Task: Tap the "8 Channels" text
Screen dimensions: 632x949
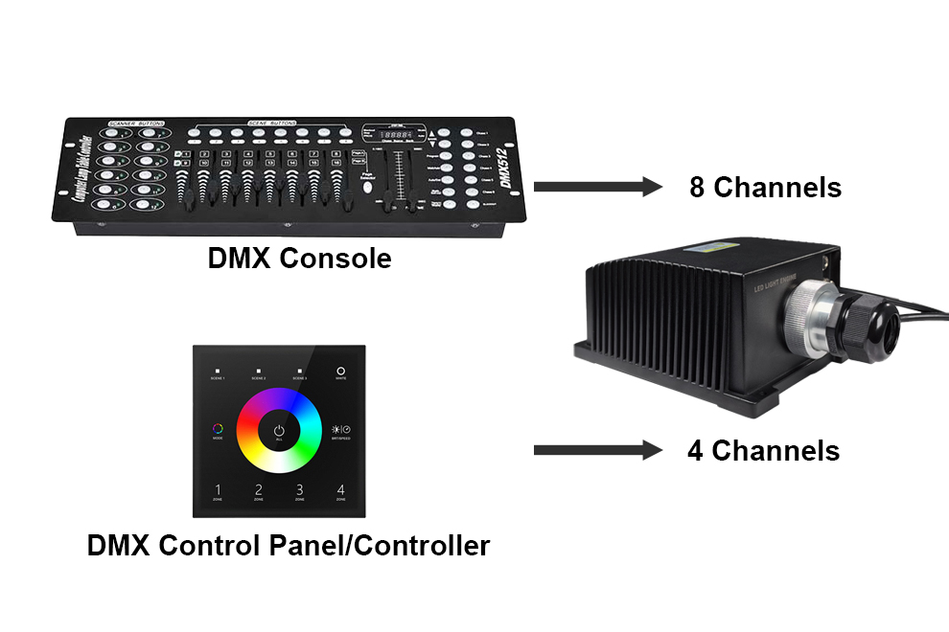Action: (765, 187)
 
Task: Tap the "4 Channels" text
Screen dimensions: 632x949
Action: (763, 450)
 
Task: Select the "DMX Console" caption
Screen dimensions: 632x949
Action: (299, 258)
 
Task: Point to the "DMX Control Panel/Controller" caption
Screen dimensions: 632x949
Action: (288, 546)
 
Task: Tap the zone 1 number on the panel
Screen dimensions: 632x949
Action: (217, 491)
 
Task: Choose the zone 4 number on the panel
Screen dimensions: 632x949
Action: (340, 491)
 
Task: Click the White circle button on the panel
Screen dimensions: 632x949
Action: (340, 370)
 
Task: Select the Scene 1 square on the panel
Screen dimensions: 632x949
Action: (217, 370)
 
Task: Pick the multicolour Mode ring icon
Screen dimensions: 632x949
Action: (217, 430)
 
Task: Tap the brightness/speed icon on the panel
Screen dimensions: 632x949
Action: (340, 430)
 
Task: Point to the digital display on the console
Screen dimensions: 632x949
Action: (393, 135)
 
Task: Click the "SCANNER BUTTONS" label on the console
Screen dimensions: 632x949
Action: (134, 124)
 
